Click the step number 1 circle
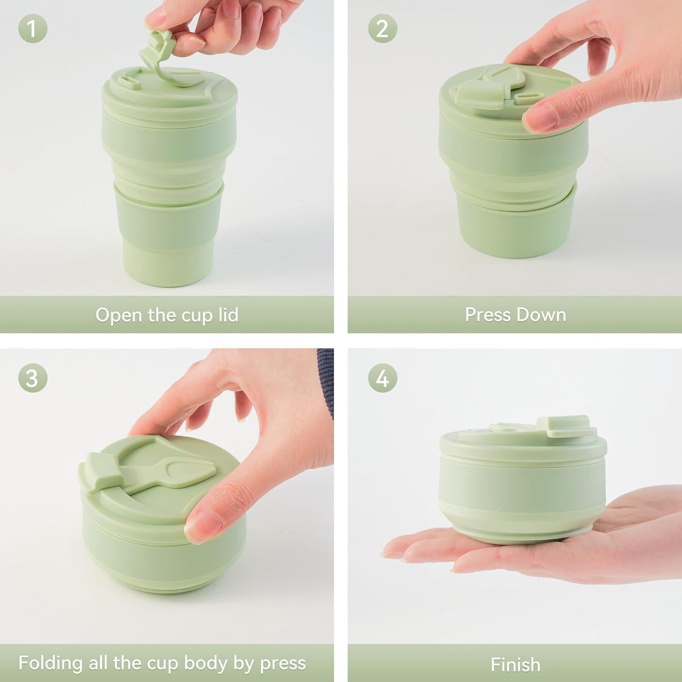pyautogui.click(x=32, y=29)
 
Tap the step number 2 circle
pyautogui.click(x=382, y=29)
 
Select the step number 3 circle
pyautogui.click(x=32, y=377)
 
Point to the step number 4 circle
pyautogui.click(x=382, y=377)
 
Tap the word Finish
pyautogui.click(x=516, y=665)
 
